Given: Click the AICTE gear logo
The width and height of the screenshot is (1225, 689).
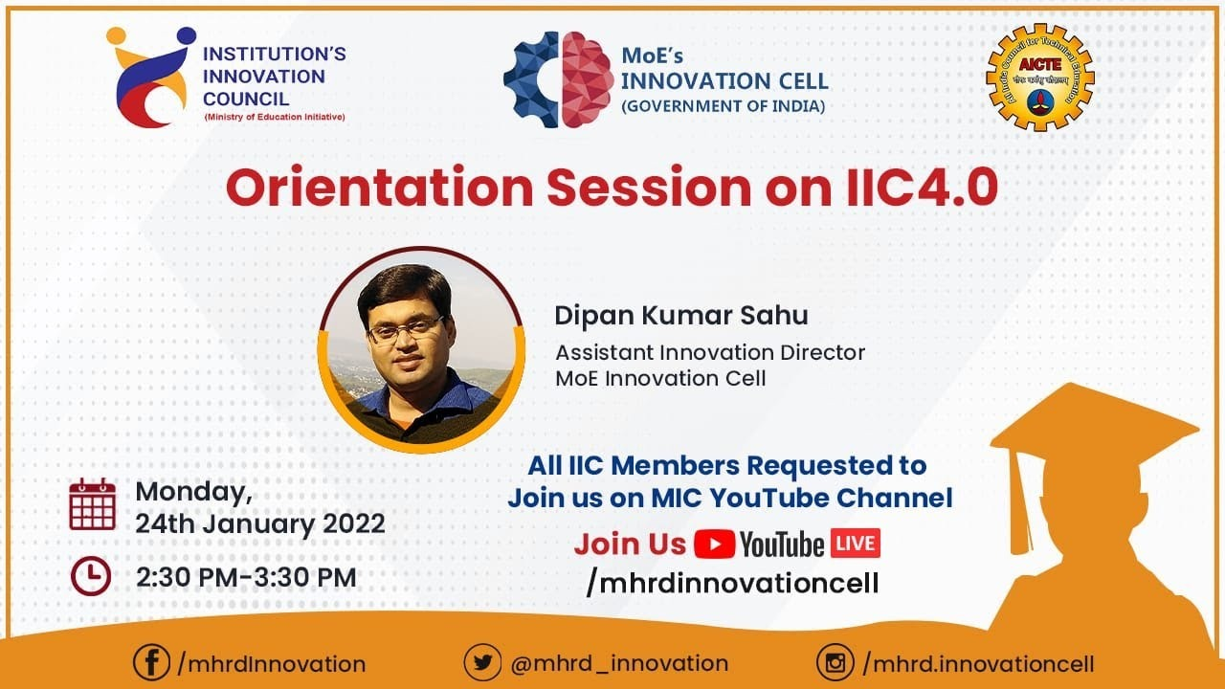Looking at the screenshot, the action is pos(1040,78).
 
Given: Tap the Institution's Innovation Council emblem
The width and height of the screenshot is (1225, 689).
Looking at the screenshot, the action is pos(151,78).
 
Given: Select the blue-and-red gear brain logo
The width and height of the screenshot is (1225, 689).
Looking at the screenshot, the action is pos(558,79).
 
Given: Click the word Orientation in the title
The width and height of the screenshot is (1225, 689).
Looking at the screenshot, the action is pos(379,188).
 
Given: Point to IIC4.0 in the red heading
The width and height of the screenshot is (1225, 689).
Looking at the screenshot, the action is pos(923,188).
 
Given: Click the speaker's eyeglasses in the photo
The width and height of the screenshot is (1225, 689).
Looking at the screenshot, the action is pos(406,330).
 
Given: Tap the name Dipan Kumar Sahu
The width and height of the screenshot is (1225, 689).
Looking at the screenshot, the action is pos(681,316).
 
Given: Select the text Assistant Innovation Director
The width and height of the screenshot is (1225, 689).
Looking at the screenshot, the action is pos(710,353).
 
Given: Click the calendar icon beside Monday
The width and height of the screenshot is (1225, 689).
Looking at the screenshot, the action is pos(93,504).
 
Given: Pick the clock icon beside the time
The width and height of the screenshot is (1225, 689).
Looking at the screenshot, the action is pos(91,576).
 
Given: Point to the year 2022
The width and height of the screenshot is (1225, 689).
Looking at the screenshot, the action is pos(354,523).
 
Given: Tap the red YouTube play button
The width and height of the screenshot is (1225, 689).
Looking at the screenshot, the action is pos(714,545).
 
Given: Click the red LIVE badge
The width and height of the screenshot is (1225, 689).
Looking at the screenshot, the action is pos(856,543).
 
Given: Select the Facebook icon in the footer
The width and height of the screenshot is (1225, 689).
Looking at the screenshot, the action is pos(151,662).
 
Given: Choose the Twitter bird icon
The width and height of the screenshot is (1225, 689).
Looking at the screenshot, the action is pos(482,662).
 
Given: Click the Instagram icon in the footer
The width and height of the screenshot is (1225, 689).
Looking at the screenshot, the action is pos(835,663).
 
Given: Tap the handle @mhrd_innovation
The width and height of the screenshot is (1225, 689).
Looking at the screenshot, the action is pos(619,663).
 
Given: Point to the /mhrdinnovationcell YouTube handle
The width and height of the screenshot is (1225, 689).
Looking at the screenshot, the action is pos(732,583).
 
